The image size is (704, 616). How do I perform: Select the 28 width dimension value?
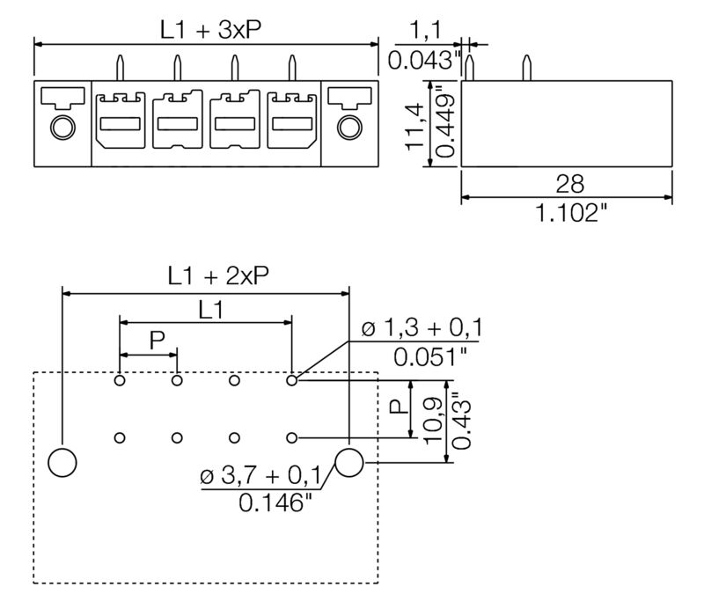click(x=569, y=184)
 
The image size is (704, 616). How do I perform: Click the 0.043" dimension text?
click(x=424, y=61)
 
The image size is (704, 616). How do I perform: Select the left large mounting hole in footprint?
click(x=62, y=461)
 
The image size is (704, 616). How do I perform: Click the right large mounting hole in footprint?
click(x=349, y=461)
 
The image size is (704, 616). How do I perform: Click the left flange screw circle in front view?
click(x=62, y=128)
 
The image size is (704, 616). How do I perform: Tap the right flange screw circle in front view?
click(x=348, y=128)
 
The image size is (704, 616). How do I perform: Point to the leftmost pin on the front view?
click(x=120, y=69)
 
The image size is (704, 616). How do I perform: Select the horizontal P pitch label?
click(x=156, y=341)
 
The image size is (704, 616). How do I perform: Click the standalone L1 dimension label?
click(x=209, y=309)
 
